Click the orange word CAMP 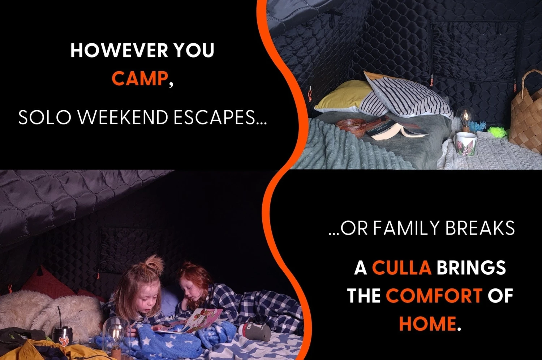(x=140, y=78)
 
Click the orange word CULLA (x=402, y=268)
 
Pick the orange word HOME (x=427, y=323)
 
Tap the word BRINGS (x=471, y=268)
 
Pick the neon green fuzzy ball (x=497, y=132)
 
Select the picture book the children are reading (x=194, y=321)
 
